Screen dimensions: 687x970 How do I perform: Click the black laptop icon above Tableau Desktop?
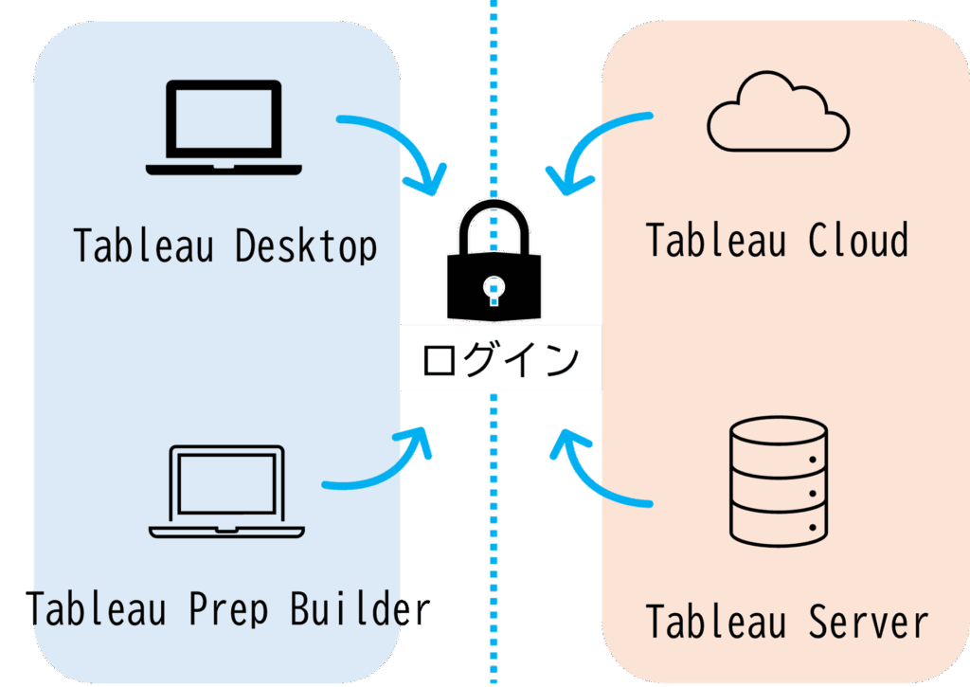point(225,127)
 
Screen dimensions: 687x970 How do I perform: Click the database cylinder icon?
point(779,483)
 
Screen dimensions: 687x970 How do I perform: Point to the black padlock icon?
point(495,275)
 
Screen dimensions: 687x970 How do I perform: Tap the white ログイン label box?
point(500,358)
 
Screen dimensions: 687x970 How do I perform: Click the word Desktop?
point(305,245)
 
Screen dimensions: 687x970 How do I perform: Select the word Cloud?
point(858,240)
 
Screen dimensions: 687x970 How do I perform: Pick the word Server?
point(869,623)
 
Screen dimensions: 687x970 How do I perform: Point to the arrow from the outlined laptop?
point(379,464)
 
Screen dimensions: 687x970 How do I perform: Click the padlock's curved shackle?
point(494,224)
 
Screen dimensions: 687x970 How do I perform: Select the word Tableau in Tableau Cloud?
point(716,240)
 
